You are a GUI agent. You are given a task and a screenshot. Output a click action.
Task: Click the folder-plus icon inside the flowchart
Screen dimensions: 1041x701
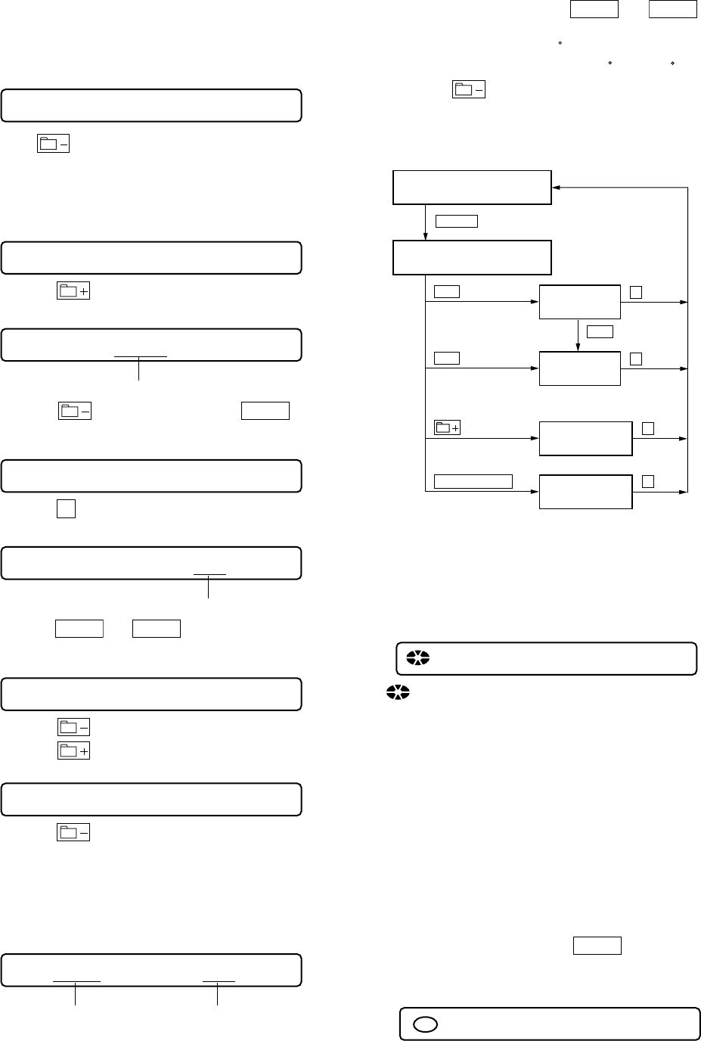pos(448,428)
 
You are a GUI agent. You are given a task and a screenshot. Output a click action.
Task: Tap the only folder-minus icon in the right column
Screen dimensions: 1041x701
pos(469,90)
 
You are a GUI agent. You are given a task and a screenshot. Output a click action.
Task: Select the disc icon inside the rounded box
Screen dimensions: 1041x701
pos(417,658)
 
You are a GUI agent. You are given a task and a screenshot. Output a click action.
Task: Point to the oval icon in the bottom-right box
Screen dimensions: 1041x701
pos(425,1024)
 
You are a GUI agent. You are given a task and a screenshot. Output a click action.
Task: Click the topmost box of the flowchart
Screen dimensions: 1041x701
pos(472,188)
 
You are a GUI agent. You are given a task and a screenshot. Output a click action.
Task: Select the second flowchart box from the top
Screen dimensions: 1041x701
pos(472,258)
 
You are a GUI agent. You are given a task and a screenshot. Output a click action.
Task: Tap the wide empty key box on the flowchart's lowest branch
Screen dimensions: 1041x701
pos(473,481)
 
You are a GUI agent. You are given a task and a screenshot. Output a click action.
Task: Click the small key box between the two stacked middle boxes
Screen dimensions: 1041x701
pos(599,331)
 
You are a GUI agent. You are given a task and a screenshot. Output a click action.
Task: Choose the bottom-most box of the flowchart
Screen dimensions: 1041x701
pos(585,493)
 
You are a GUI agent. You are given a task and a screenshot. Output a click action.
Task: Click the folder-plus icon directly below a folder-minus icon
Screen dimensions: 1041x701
pos(74,750)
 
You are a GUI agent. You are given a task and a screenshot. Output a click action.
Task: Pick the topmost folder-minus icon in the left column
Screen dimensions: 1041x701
pos(53,144)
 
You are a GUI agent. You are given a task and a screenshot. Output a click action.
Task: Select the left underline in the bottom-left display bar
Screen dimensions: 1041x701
pos(76,981)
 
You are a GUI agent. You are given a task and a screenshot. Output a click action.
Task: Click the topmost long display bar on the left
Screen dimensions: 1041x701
pos(151,105)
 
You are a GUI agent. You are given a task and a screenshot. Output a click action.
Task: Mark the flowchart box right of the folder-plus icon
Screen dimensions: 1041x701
pos(585,439)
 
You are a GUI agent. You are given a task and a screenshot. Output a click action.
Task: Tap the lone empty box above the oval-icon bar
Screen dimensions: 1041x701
pos(597,946)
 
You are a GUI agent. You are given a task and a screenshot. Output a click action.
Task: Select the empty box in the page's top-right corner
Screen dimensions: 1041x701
pos(672,9)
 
